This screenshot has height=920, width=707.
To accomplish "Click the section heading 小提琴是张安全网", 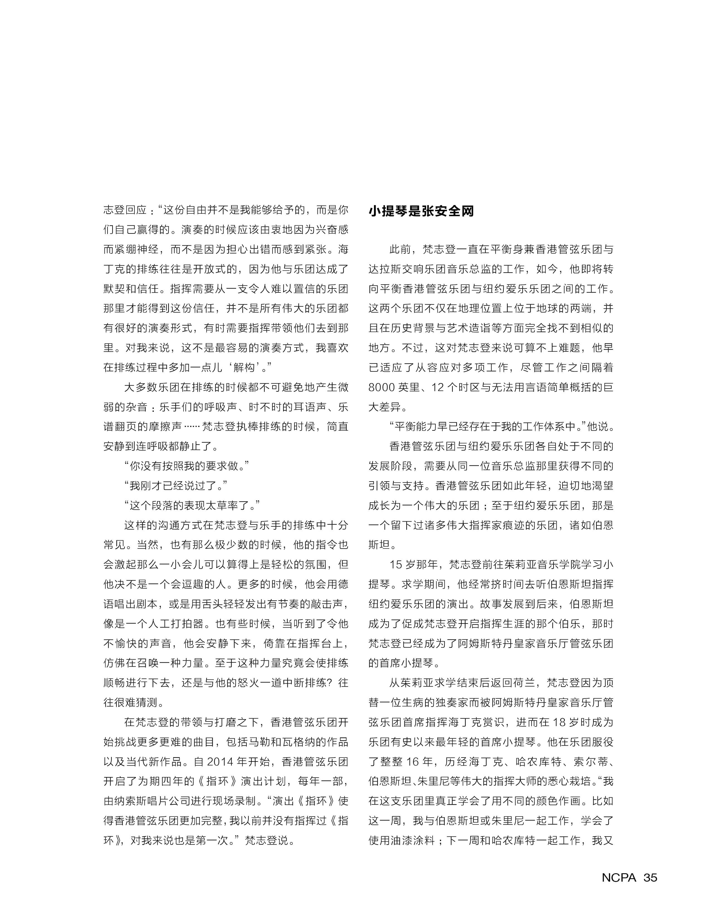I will [x=421, y=211].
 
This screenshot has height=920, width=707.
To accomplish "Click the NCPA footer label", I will [x=619, y=877].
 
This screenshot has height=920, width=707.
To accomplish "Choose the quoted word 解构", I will [x=244, y=367].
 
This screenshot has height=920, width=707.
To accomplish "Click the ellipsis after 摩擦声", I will [x=192, y=427].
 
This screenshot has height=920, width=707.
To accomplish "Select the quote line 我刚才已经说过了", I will [x=176, y=486].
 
